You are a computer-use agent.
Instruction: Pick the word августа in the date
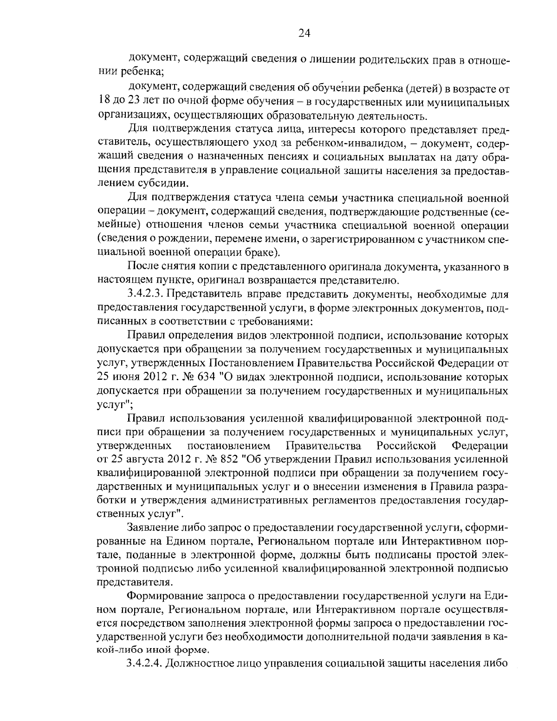(147, 460)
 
